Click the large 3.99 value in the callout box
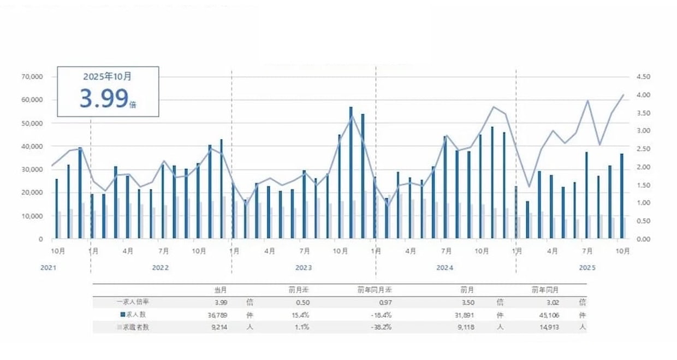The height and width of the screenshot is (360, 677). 104,98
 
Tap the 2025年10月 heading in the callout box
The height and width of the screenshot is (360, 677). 108,77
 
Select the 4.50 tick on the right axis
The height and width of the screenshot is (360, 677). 643,77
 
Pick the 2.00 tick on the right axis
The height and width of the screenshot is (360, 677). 643,167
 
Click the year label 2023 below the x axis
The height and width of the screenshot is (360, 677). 304,268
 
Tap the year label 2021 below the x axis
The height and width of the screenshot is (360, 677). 49,268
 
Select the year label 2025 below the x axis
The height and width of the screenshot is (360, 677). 587,268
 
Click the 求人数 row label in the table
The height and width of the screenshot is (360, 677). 136,314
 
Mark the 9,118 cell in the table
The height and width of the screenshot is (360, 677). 470,327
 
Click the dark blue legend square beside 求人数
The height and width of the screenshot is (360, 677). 122,314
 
